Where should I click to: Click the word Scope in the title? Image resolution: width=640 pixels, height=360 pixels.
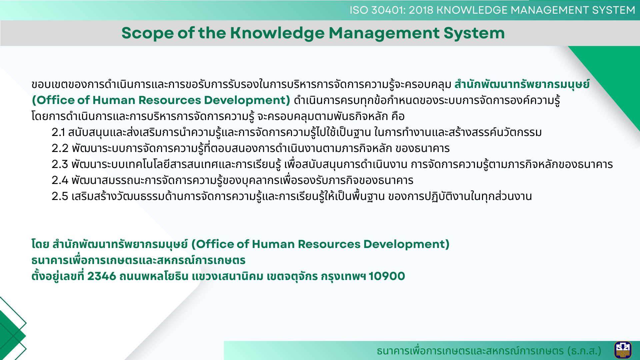click(147, 33)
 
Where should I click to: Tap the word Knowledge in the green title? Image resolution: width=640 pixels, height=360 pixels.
click(277, 33)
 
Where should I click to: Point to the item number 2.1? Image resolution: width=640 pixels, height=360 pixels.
click(58, 132)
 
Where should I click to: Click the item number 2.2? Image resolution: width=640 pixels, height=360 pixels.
click(60, 148)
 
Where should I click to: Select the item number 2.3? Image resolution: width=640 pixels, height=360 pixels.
click(60, 164)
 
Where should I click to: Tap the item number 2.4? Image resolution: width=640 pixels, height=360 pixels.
click(60, 180)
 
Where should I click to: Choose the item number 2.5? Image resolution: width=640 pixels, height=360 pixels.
click(60, 196)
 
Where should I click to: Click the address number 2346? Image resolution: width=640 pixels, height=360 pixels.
click(102, 276)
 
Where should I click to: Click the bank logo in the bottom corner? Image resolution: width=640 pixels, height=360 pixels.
click(623, 350)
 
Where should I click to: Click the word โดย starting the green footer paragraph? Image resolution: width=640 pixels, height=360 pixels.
click(40, 244)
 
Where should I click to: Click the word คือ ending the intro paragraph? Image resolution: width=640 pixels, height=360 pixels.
click(398, 116)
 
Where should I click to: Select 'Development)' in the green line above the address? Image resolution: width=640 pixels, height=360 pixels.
click(406, 244)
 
